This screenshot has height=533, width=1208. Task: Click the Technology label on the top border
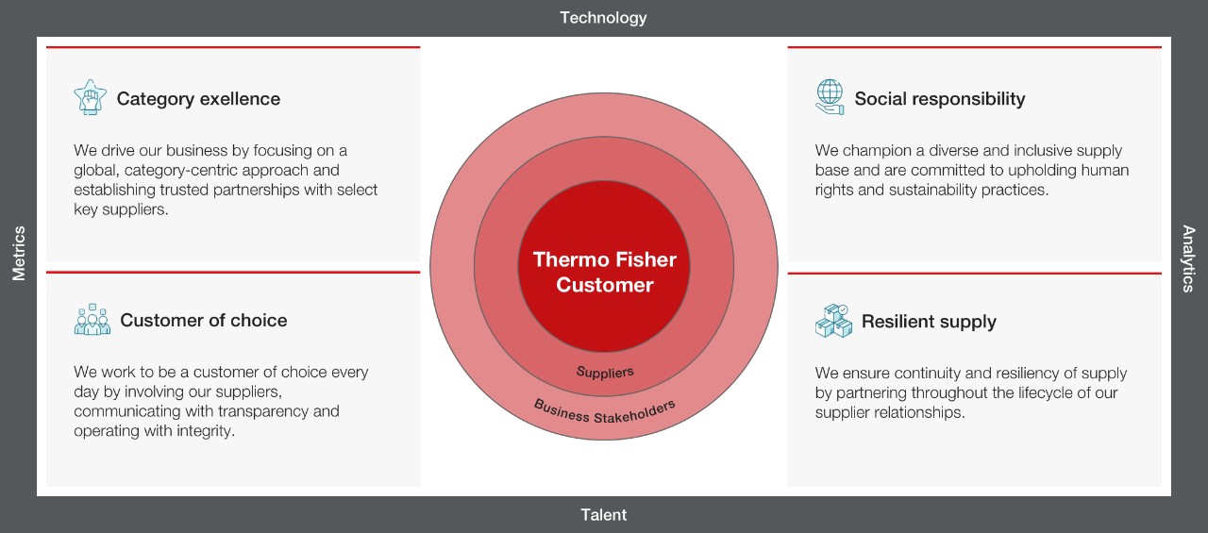coord(603,18)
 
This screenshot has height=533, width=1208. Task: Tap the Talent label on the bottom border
coord(603,515)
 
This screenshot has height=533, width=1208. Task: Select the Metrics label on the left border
coord(19,254)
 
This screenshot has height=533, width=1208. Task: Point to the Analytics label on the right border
coord(1188,258)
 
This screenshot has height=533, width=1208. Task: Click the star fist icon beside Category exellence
coord(90,97)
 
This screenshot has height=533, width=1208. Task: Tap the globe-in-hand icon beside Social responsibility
coord(830,97)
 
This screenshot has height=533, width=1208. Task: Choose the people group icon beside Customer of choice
coord(92,319)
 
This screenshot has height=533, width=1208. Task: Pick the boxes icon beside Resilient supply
coord(833,321)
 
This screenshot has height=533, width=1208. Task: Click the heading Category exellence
coord(198,99)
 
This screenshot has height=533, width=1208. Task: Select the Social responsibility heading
coord(940,99)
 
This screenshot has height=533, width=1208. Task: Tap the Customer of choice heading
coord(203,320)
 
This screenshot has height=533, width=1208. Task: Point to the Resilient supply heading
coord(929,322)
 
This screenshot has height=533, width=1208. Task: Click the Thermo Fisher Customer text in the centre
coord(605,272)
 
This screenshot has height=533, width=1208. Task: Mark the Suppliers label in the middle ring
coord(605,372)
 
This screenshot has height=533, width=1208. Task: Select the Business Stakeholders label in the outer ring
coord(604,412)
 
